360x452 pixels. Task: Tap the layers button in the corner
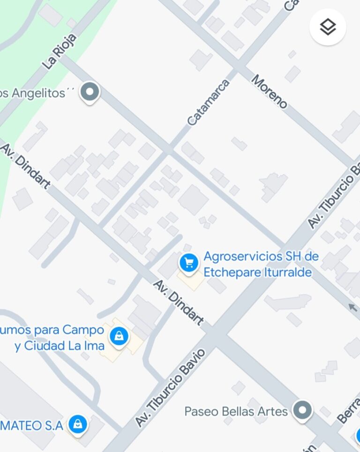(x=328, y=27)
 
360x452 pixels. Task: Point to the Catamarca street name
(x=209, y=102)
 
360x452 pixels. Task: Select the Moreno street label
(x=269, y=91)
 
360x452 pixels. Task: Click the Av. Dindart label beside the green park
(x=25, y=166)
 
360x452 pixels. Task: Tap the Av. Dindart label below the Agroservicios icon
(x=179, y=302)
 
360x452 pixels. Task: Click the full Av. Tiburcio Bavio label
(x=170, y=388)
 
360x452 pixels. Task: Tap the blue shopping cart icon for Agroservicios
(x=189, y=263)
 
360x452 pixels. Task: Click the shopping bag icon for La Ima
(x=119, y=336)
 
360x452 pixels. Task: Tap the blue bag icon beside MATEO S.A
(x=78, y=424)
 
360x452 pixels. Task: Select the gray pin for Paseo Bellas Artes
(x=302, y=410)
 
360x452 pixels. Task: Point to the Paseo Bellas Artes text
(x=236, y=412)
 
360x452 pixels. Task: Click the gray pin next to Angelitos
(x=90, y=91)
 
